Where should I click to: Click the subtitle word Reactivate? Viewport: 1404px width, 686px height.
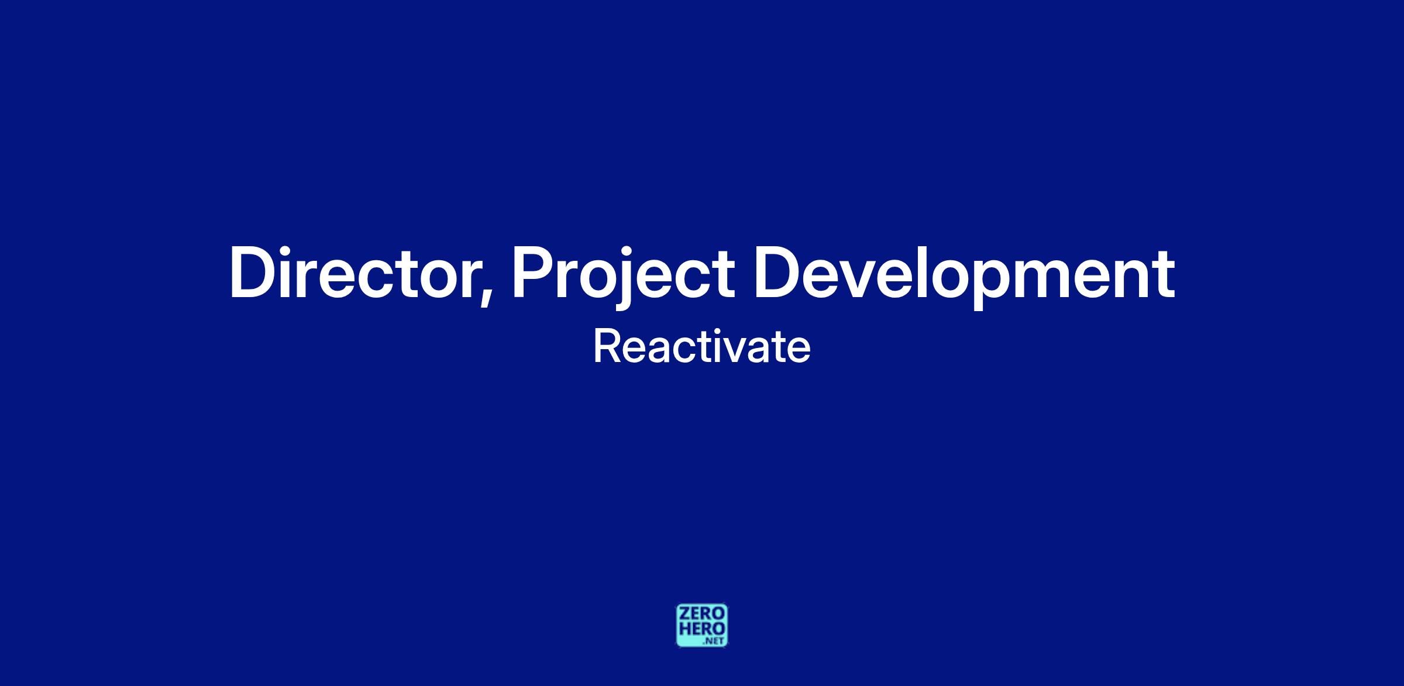pyautogui.click(x=702, y=347)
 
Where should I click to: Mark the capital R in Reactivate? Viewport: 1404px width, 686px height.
pyautogui.click(x=606, y=347)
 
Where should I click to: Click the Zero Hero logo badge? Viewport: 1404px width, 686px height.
pyautogui.click(x=702, y=625)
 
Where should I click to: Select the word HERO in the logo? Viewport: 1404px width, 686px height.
pyautogui.click(x=702, y=629)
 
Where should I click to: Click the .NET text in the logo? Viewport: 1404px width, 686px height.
pyautogui.click(x=714, y=641)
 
